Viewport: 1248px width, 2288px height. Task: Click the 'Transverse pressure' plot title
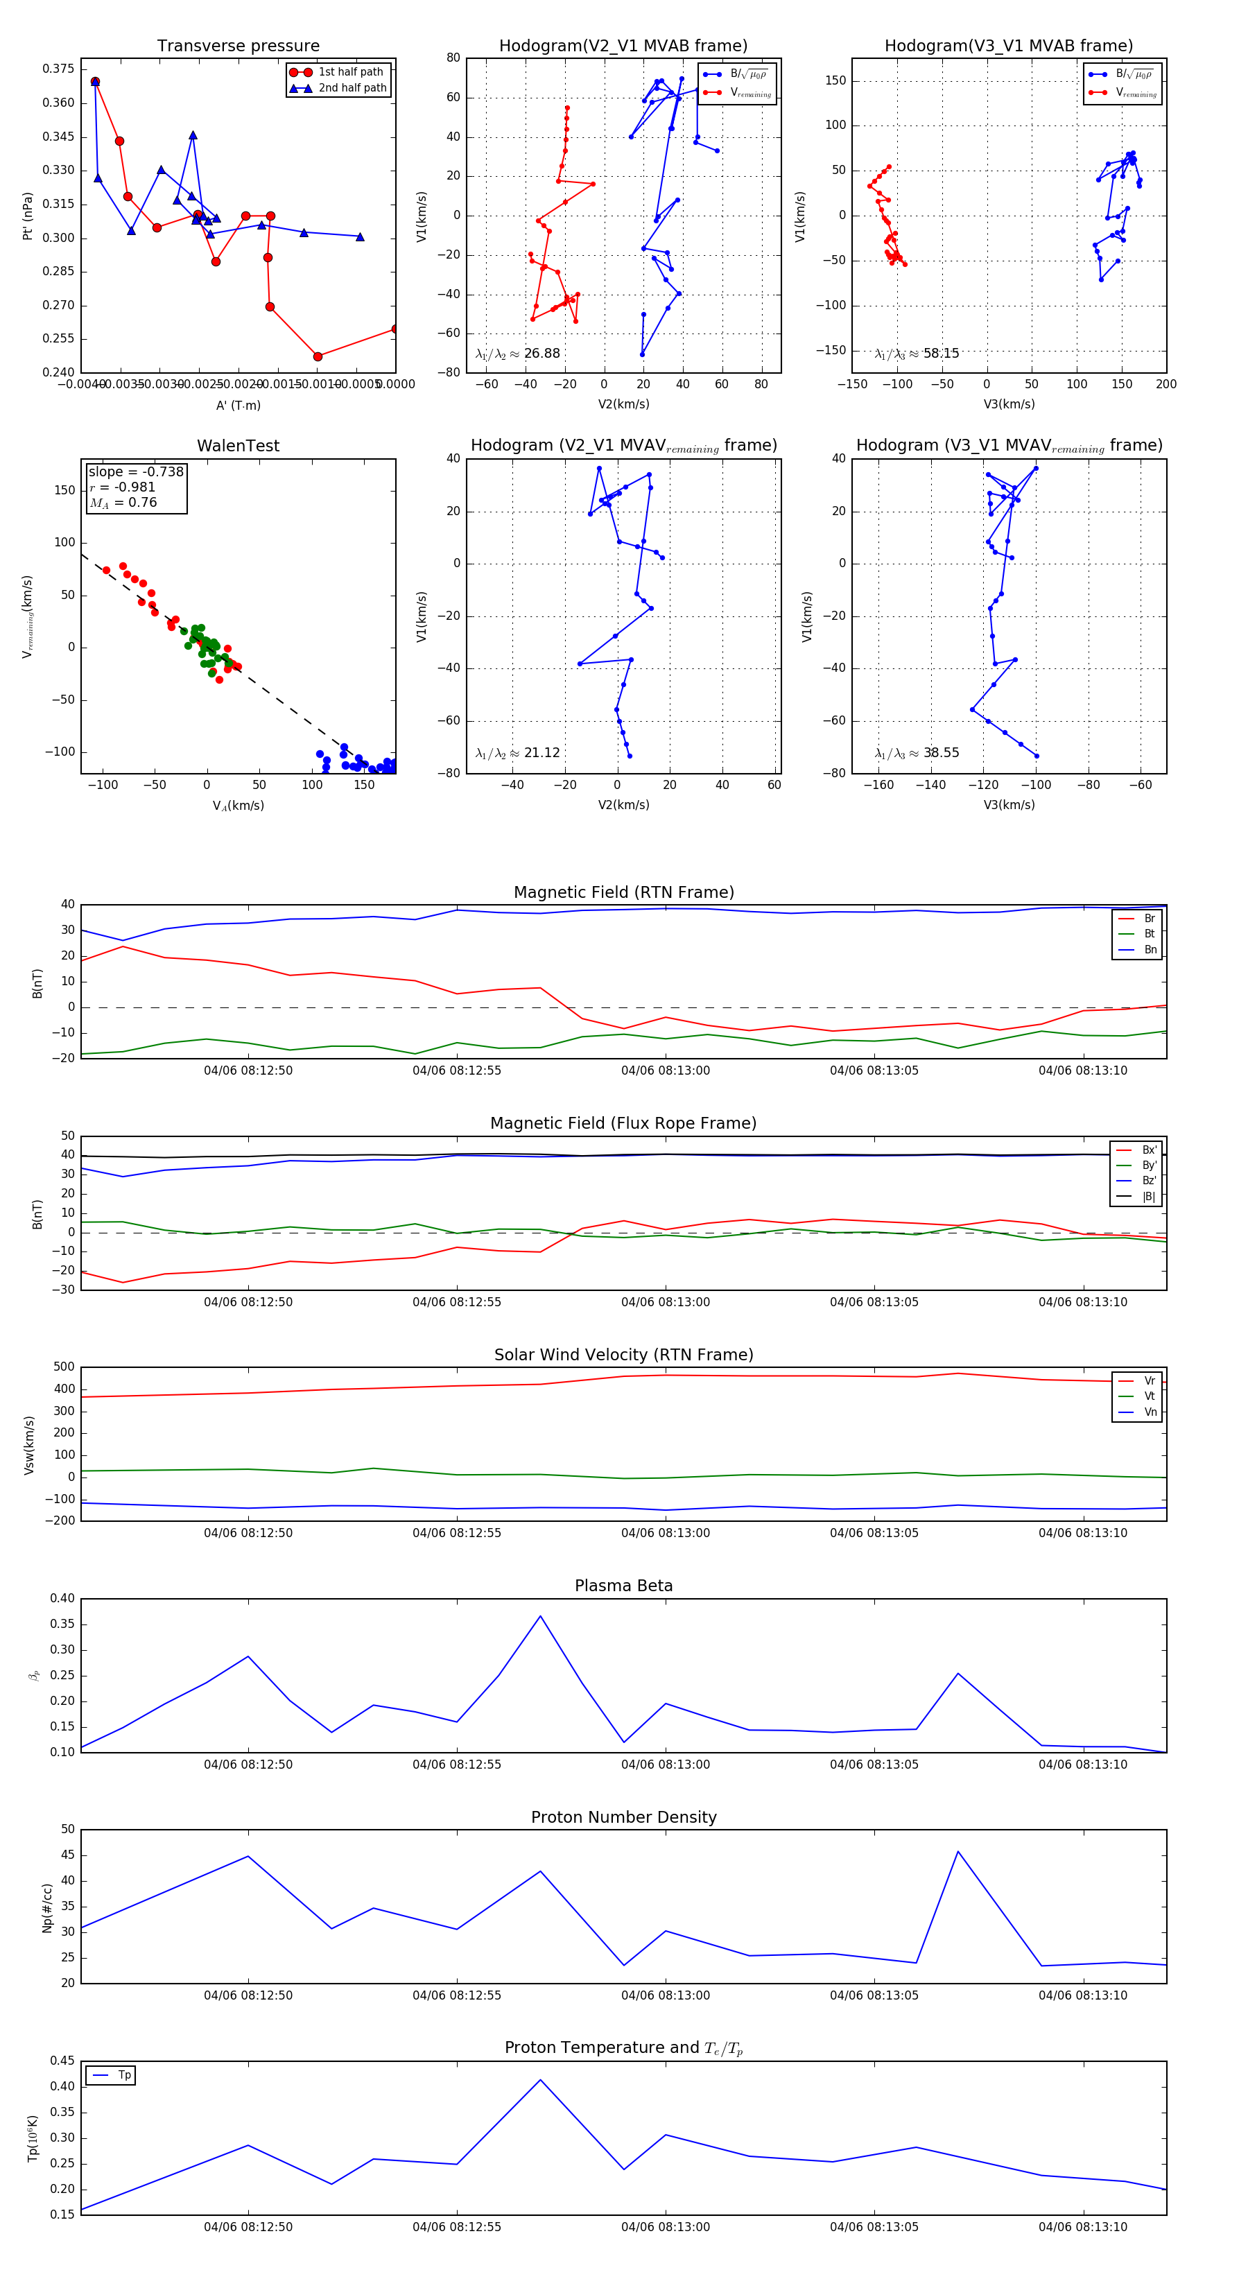coord(238,46)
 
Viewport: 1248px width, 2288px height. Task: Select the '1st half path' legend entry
coord(350,72)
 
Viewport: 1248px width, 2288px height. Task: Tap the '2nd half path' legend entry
coord(352,88)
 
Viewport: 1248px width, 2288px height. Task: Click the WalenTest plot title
coord(238,446)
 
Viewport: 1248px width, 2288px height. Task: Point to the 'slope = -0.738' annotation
coord(136,471)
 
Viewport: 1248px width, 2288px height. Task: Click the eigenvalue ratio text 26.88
coord(541,354)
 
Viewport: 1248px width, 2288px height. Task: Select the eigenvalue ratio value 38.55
coord(941,753)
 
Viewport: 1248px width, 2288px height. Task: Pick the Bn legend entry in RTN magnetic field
coord(1150,949)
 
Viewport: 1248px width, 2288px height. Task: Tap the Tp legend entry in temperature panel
coord(124,2075)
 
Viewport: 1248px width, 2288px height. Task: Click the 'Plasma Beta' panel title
coord(623,1586)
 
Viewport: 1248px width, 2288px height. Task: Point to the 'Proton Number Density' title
coord(623,1817)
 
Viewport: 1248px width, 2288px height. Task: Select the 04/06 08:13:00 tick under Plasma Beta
coord(666,1764)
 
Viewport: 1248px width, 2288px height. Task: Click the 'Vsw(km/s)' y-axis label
coord(29,1445)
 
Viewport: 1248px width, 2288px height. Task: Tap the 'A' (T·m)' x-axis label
coord(238,405)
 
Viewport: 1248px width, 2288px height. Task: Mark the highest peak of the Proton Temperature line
coord(540,2079)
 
